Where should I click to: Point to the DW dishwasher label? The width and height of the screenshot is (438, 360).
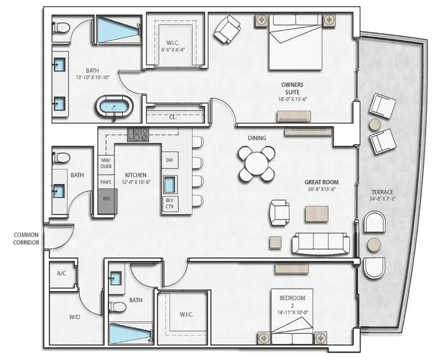tap(169, 160)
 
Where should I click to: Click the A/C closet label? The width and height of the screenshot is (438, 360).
tap(61, 273)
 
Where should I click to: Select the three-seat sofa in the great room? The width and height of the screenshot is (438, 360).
tap(320, 243)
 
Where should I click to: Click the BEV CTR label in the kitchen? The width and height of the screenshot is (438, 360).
tap(169, 204)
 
